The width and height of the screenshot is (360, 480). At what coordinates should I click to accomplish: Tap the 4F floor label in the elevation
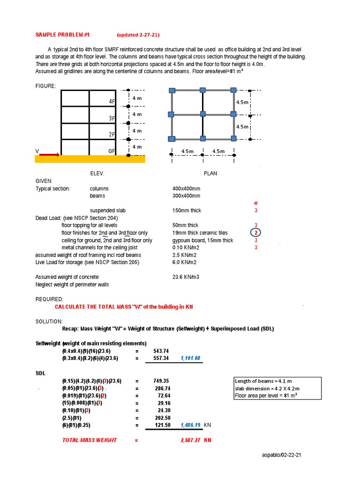click(112, 101)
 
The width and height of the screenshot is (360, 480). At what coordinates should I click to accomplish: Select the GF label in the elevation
click(112, 151)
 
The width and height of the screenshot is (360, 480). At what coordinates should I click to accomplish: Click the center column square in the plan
click(202, 114)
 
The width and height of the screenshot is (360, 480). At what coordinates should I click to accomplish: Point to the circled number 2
click(256, 233)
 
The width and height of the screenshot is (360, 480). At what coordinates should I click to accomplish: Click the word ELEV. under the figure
click(97, 173)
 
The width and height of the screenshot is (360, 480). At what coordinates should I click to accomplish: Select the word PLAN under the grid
click(210, 173)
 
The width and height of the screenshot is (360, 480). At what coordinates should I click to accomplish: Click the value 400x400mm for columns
click(186, 188)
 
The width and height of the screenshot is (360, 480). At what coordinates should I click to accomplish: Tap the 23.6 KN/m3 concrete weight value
click(186, 277)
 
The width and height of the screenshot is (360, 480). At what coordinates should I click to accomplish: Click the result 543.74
click(161, 351)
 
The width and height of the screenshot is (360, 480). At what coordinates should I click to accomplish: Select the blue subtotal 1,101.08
click(190, 358)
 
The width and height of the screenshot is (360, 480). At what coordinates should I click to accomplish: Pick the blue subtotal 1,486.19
click(190, 425)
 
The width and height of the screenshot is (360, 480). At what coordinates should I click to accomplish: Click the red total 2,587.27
click(190, 441)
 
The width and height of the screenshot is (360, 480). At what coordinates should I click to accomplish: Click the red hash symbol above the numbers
click(256, 203)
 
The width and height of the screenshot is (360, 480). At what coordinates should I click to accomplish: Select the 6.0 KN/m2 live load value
click(184, 262)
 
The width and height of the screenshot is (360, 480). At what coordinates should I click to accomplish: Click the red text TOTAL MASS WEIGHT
click(90, 441)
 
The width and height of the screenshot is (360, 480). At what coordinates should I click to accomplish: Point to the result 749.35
click(161, 381)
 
